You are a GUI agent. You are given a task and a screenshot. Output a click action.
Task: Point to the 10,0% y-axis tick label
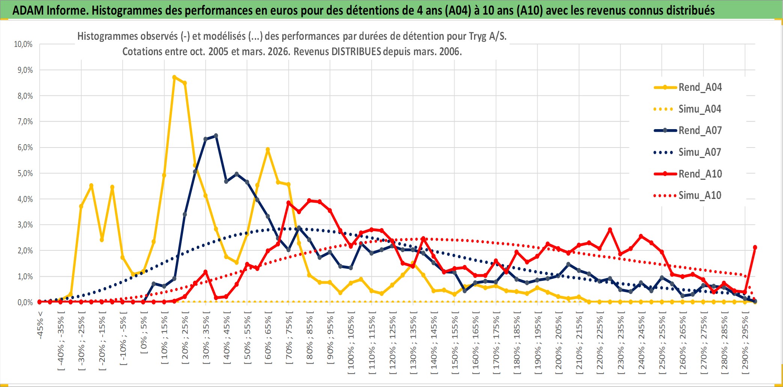23,44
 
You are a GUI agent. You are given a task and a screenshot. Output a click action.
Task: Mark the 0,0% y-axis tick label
25,303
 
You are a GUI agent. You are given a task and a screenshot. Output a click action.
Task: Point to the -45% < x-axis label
40,325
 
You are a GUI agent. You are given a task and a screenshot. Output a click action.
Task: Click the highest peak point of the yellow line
174,77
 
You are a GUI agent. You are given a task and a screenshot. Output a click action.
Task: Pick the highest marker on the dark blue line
216,136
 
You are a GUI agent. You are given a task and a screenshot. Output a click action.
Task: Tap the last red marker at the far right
755,247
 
